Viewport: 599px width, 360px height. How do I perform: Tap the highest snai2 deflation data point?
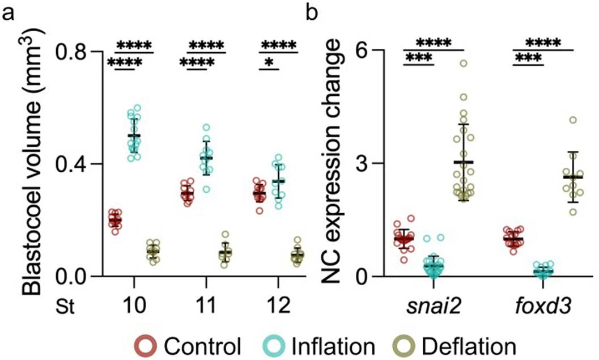(x=463, y=63)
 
